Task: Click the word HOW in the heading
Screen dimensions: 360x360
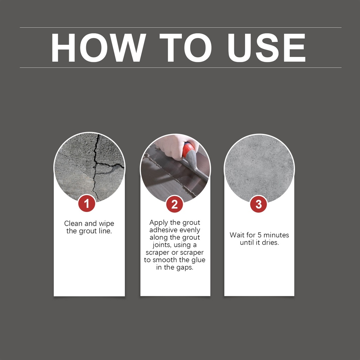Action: pos(98,48)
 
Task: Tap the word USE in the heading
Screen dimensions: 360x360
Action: pos(266,48)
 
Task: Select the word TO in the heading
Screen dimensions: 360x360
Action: pos(186,48)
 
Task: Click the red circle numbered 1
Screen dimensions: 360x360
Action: pos(86,204)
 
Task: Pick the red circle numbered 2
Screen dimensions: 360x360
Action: pos(174,204)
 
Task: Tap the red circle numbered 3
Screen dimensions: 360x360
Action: pos(258,204)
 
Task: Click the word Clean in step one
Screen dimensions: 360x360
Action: pos(73,223)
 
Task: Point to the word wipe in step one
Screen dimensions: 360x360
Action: pos(106,224)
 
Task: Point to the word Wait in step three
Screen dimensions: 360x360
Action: pos(237,235)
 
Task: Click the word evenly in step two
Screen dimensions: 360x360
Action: pos(189,230)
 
